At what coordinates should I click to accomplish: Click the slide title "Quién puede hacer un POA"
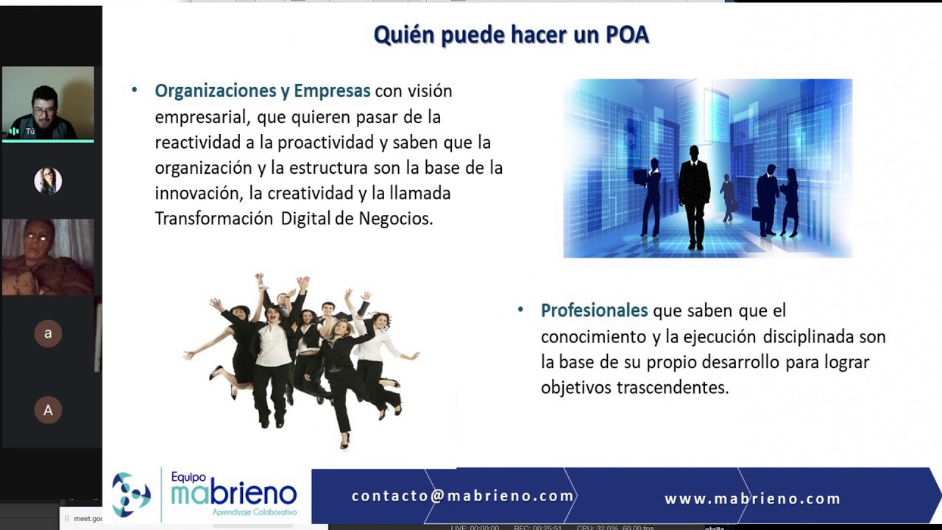tap(511, 35)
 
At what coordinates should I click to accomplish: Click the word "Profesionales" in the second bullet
tap(594, 311)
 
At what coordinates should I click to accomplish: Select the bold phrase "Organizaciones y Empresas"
tap(262, 91)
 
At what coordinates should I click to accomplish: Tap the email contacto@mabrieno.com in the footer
tap(462, 496)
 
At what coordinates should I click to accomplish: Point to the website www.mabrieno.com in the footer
tap(752, 499)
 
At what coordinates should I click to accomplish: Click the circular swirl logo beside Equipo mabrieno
tap(131, 494)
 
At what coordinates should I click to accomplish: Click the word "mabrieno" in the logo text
tap(233, 494)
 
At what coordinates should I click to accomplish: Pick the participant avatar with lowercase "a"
tap(48, 333)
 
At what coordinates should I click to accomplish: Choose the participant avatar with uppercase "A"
tap(48, 410)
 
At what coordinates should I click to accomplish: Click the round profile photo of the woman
tap(48, 181)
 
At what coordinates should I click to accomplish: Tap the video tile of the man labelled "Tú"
tap(48, 103)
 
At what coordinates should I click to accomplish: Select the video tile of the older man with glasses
tap(48, 257)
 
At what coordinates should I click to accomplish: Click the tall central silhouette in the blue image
tap(693, 195)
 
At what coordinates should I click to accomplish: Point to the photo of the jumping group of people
tap(302, 357)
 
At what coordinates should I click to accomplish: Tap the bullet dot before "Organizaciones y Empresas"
tap(135, 90)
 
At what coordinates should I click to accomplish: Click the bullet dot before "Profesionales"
tap(521, 309)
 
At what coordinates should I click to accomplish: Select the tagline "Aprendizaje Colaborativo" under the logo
tap(254, 512)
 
